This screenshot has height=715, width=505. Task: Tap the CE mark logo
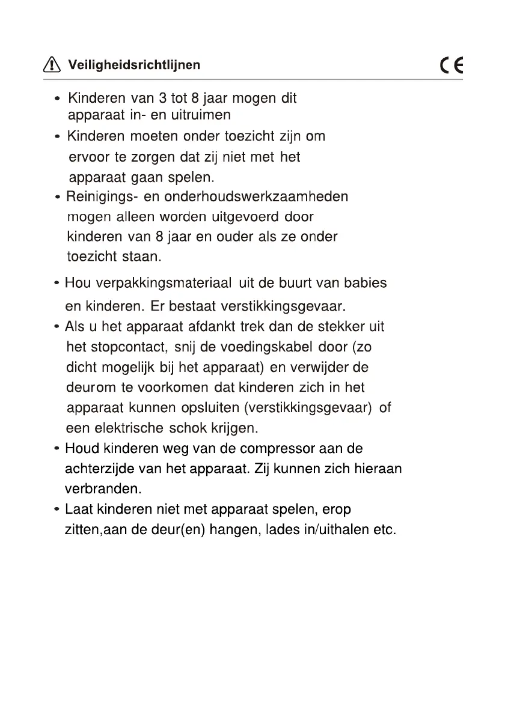coord(451,65)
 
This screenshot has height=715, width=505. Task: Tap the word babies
coord(365,282)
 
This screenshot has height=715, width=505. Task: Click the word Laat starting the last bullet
coord(77,510)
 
